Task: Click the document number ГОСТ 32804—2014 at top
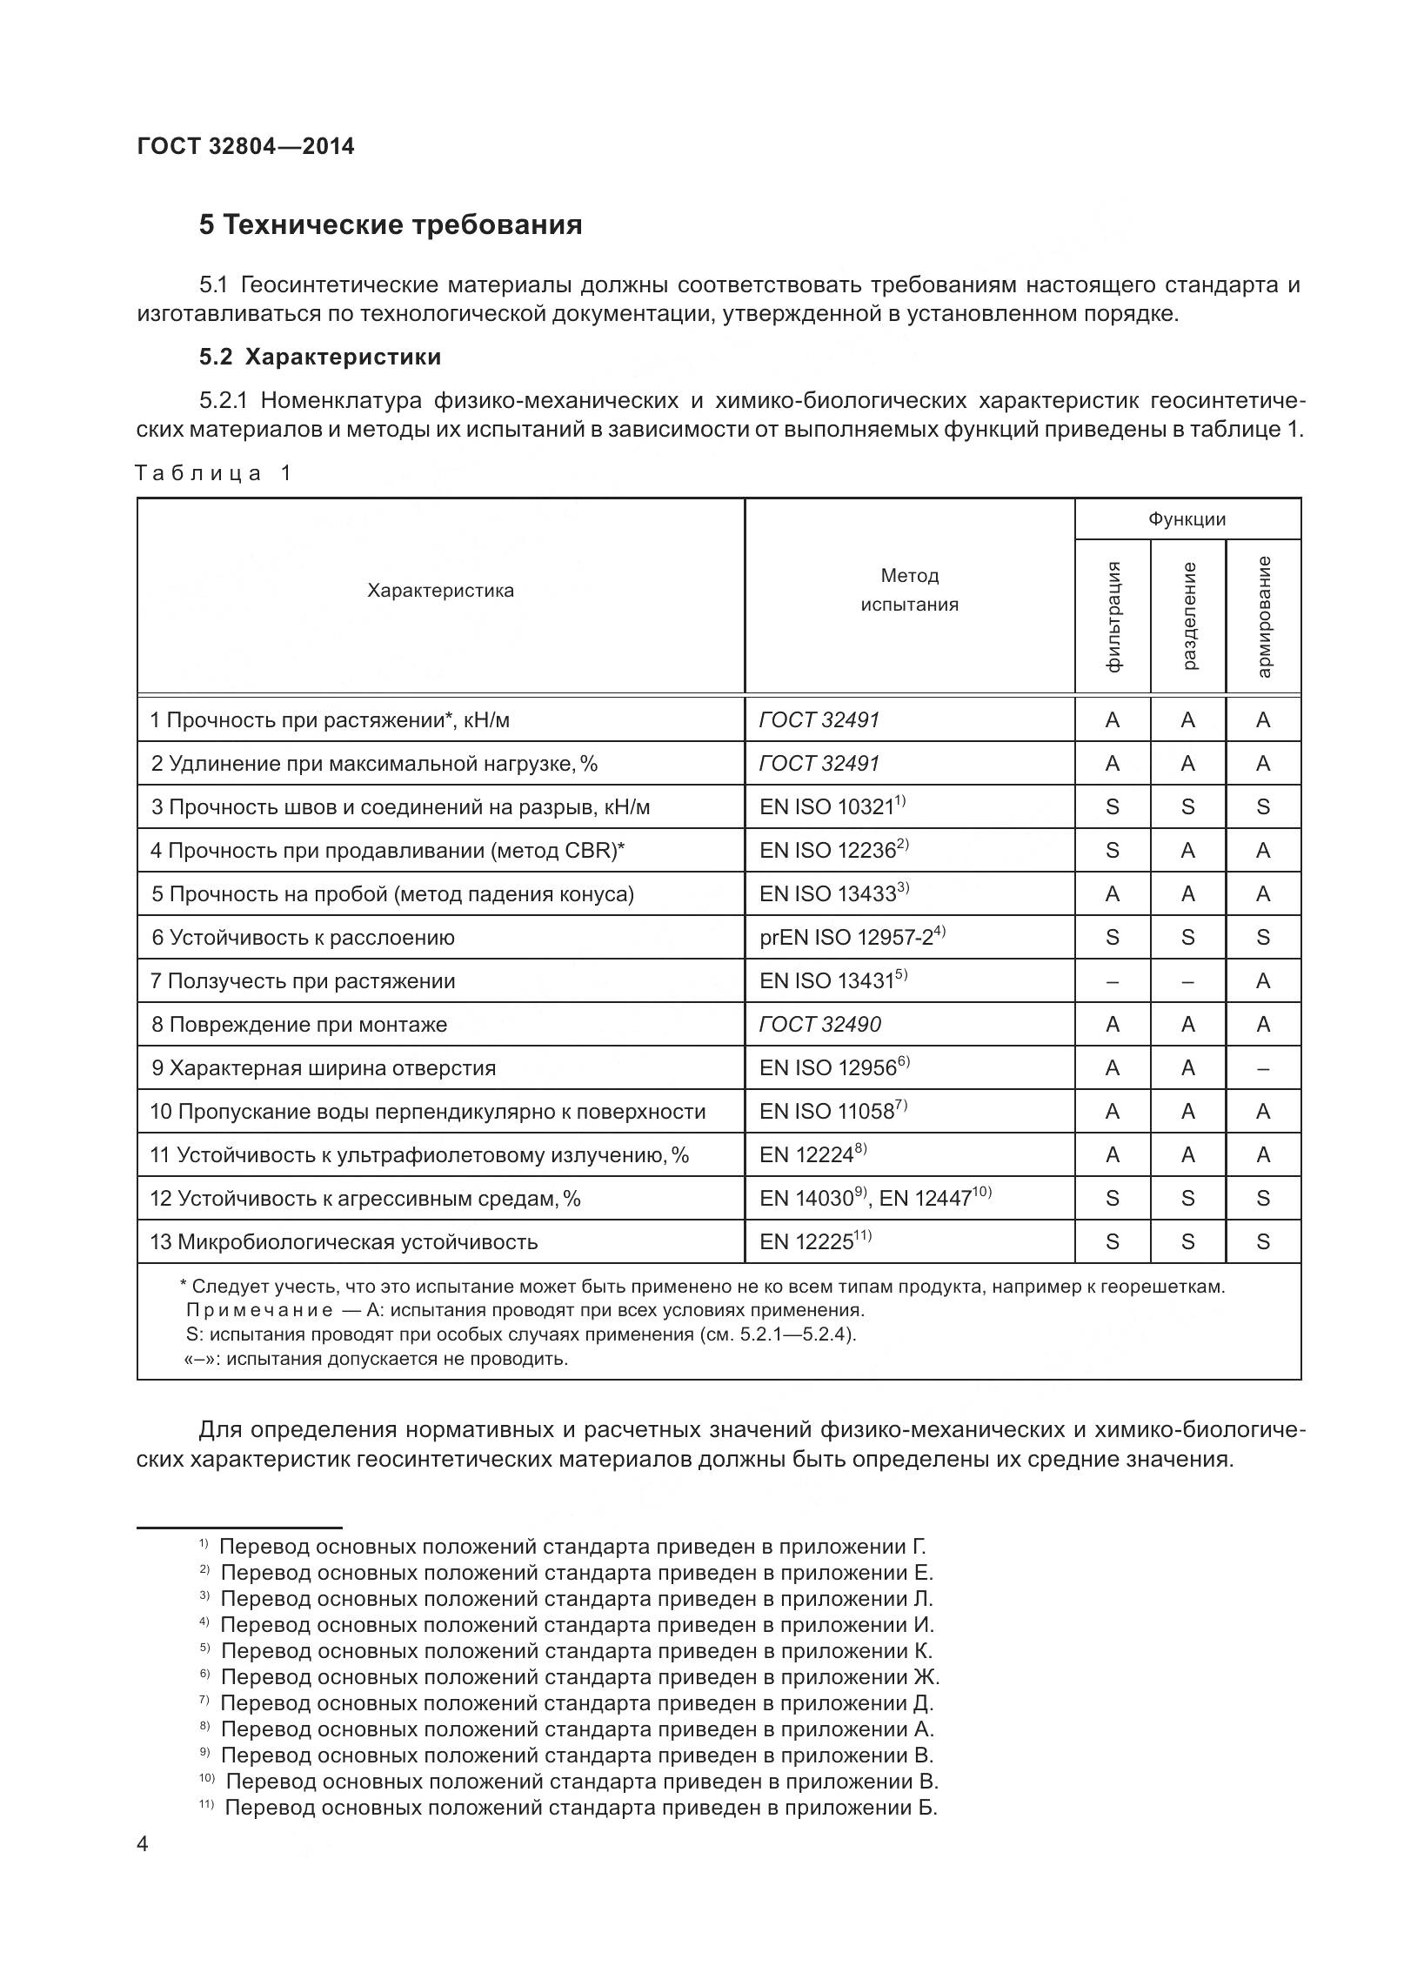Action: [x=245, y=146]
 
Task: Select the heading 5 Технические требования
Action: [x=390, y=224]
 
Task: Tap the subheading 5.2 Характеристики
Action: [x=319, y=357]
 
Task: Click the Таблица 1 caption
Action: [x=214, y=473]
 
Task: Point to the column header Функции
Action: [x=1187, y=519]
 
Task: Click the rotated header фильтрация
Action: [x=1113, y=616]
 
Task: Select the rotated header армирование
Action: [x=1263, y=616]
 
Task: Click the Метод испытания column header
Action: [x=909, y=590]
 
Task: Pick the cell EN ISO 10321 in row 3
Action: [x=832, y=806]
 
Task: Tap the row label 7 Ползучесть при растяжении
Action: [x=303, y=980]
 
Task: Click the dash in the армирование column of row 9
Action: [x=1263, y=1067]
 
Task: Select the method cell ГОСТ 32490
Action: [x=819, y=1024]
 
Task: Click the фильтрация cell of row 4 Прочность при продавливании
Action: [x=1112, y=850]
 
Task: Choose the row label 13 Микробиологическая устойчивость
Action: [x=344, y=1241]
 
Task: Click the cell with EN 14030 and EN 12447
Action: [x=874, y=1198]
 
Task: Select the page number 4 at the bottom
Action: [x=144, y=1869]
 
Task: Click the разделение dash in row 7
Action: [x=1187, y=980]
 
